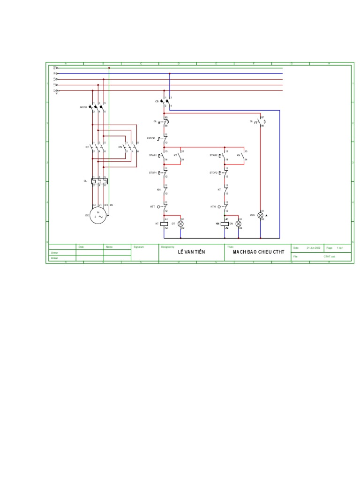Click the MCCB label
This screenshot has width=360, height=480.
(x=83, y=107)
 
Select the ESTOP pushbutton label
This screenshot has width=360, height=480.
(x=150, y=138)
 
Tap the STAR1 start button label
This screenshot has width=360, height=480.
(x=152, y=155)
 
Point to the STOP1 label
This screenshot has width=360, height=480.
(x=152, y=173)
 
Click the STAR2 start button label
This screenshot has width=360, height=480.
(x=213, y=155)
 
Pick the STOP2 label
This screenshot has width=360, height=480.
(x=213, y=173)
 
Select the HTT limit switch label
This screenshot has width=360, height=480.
(x=152, y=206)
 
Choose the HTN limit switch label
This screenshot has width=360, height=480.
(x=213, y=206)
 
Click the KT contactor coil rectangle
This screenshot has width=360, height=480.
(x=165, y=224)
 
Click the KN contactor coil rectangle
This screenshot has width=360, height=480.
(x=225, y=224)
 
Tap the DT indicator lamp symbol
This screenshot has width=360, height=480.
(x=180, y=224)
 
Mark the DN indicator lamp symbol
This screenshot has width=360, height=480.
(x=238, y=224)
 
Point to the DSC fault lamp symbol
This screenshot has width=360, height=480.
(x=261, y=215)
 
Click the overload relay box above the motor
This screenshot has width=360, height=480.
(x=100, y=181)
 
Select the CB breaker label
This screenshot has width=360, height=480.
(x=157, y=101)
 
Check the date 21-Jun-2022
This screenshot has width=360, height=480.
(x=314, y=247)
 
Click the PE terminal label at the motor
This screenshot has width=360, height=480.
(x=112, y=205)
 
